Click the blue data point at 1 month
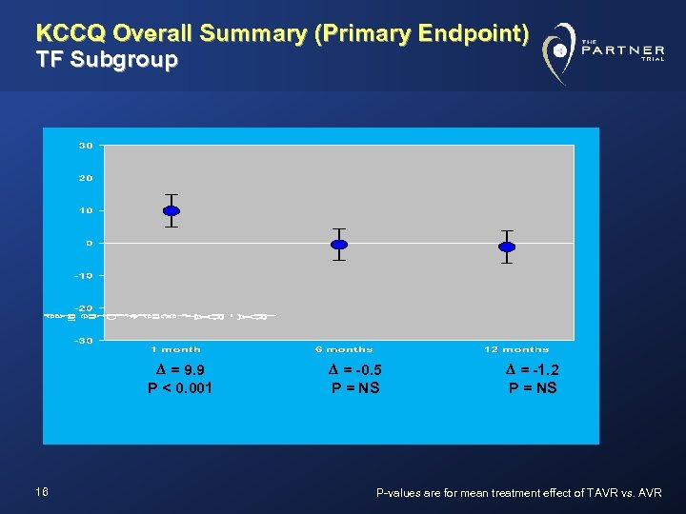pos(171,210)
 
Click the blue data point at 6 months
pos(338,245)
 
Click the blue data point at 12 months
pos(507,247)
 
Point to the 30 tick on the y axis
pos(86,146)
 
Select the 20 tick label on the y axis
pos(86,178)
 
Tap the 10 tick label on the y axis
pos(86,210)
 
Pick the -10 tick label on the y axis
pos(84,275)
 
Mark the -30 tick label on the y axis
pos(84,340)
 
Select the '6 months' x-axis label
pos(344,349)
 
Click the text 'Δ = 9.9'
pos(180,370)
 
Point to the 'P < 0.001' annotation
pos(180,387)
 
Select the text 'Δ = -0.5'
pos(355,370)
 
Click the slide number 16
pos(41,491)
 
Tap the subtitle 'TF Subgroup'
pos(106,61)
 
